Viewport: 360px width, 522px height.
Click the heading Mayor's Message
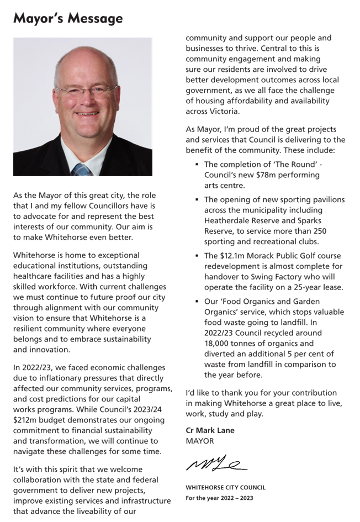(67, 19)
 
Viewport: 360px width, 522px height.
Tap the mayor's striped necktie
(82, 170)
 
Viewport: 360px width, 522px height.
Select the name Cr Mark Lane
(210, 430)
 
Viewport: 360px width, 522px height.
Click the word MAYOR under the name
(199, 441)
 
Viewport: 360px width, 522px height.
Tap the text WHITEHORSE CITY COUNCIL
(225, 487)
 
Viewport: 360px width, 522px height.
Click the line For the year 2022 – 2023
(219, 498)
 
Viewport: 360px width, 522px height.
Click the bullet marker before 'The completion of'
(197, 165)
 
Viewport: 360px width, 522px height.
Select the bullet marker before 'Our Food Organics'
(197, 302)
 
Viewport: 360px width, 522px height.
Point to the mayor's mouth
(87, 114)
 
